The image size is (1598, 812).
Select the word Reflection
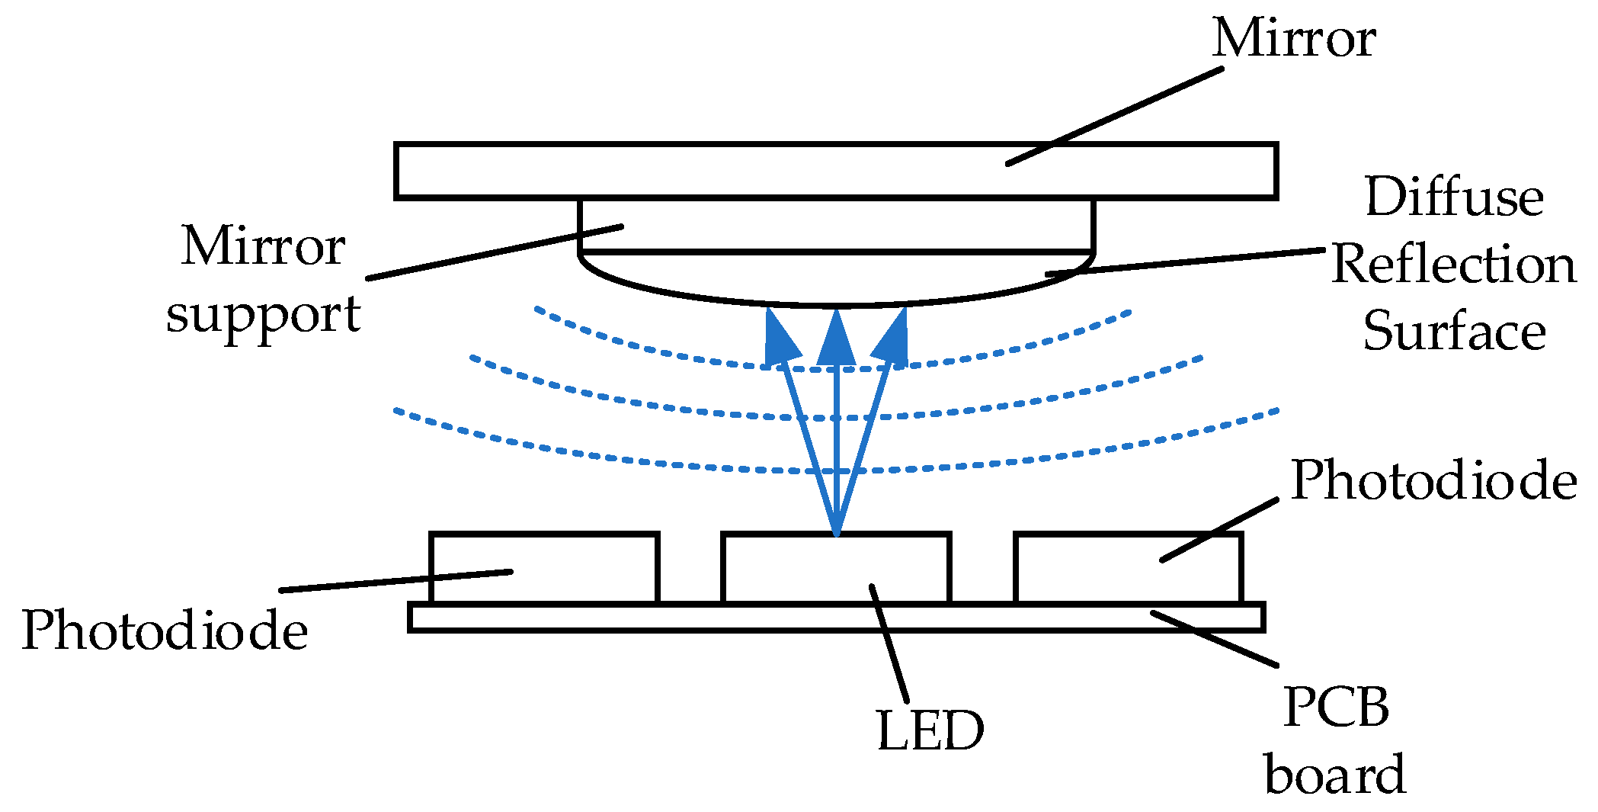(x=1453, y=265)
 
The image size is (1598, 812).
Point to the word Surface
(x=1453, y=332)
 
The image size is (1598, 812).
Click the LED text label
(x=930, y=731)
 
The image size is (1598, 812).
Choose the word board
(x=1335, y=775)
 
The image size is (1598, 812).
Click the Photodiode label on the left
(x=164, y=631)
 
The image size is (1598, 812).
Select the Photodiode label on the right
(x=1433, y=481)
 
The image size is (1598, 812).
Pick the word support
(x=263, y=314)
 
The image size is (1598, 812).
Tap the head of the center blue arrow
(x=837, y=339)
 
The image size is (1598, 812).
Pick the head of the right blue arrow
(x=893, y=339)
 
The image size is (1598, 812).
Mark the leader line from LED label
(x=889, y=644)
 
